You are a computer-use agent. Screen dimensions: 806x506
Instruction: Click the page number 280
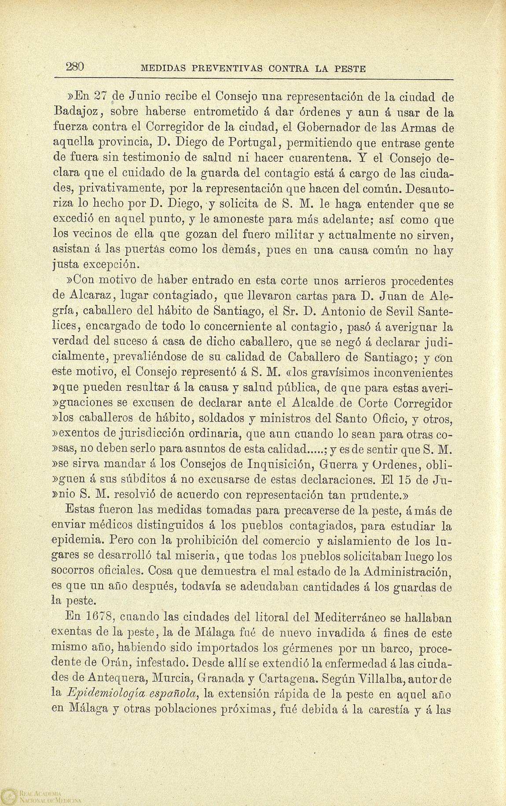(x=75, y=67)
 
